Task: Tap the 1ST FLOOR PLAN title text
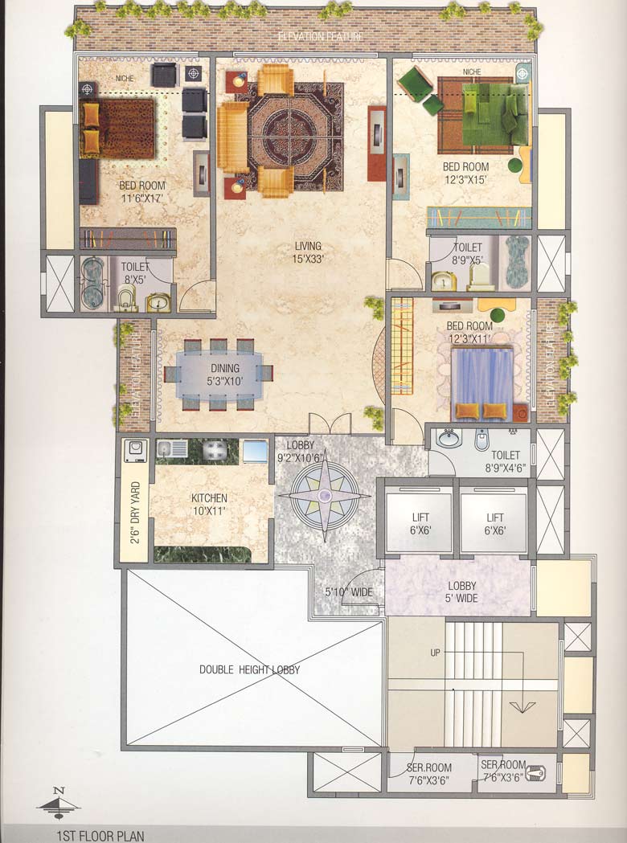point(100,835)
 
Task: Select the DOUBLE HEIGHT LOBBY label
point(252,669)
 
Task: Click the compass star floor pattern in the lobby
point(326,501)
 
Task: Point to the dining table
point(218,374)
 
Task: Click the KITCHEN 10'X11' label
point(209,505)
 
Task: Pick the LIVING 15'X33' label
point(308,252)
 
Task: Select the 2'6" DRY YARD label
point(136,512)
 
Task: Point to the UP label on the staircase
point(435,653)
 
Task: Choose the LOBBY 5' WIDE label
point(462,592)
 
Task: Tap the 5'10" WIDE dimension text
point(348,592)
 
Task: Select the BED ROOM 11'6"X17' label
point(142,191)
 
